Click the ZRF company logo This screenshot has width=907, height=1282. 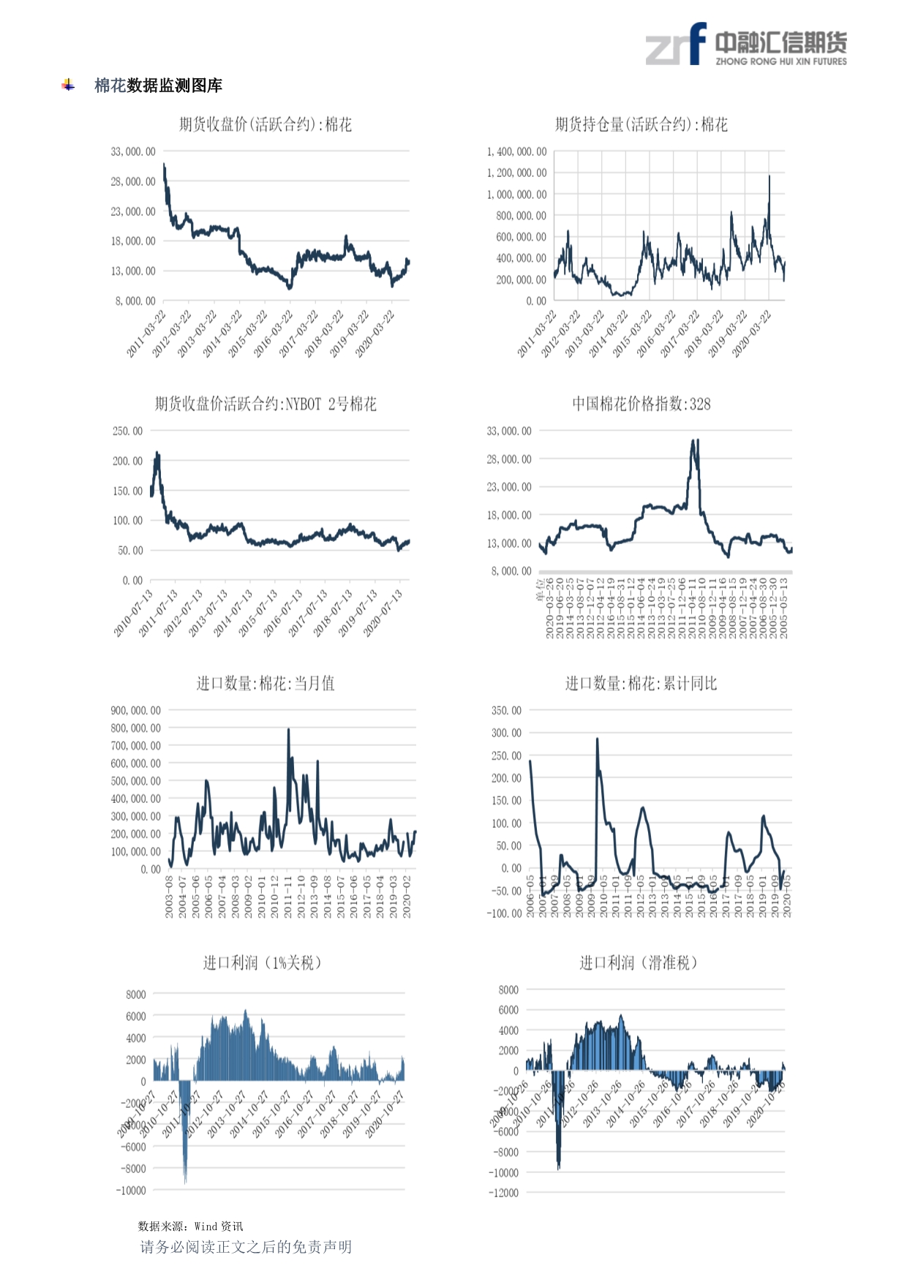click(745, 45)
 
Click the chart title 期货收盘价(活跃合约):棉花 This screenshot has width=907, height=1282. click(266, 125)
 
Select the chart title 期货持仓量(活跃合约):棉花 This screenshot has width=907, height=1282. click(641, 125)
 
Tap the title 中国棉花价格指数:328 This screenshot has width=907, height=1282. click(641, 404)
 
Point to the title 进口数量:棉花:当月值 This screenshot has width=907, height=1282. click(266, 684)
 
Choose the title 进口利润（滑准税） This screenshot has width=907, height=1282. click(638, 963)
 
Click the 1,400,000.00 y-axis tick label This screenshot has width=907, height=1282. click(517, 152)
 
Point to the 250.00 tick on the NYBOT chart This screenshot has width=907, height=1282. click(128, 431)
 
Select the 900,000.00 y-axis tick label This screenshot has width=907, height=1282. click(136, 711)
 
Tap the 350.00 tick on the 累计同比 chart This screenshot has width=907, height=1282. click(507, 711)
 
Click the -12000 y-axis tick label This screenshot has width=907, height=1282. click(504, 1193)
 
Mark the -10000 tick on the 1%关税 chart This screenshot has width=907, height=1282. click(132, 1191)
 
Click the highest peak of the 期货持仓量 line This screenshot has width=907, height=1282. click(769, 176)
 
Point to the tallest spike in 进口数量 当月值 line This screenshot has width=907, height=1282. click(288, 730)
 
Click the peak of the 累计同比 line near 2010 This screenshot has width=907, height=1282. click(597, 739)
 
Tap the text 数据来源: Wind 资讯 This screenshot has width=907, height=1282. click(190, 1226)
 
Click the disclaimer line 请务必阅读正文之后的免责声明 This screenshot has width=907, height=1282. click(246, 1247)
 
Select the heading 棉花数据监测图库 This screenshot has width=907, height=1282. click(158, 86)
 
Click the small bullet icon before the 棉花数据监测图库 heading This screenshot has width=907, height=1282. click(68, 86)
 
